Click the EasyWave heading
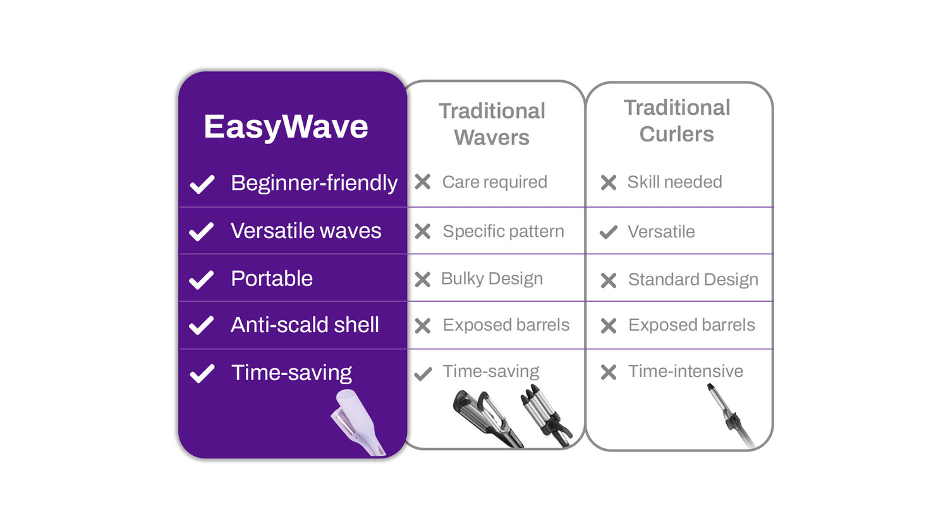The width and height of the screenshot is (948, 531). pyautogui.click(x=286, y=127)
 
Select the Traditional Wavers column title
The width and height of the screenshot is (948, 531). pyautogui.click(x=492, y=124)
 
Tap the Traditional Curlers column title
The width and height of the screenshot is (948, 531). pyautogui.click(x=677, y=121)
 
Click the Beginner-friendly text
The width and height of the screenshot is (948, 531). pyautogui.click(x=313, y=183)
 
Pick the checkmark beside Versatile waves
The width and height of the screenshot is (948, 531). pyautogui.click(x=202, y=232)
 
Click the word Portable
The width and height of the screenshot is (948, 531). pyautogui.click(x=272, y=278)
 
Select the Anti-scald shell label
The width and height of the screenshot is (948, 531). pyautogui.click(x=305, y=325)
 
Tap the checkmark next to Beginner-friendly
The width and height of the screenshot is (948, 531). pyautogui.click(x=202, y=184)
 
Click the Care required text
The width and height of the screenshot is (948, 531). pyautogui.click(x=494, y=182)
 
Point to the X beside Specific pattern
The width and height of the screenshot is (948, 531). pyautogui.click(x=423, y=232)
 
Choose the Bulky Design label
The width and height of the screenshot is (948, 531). pyautogui.click(x=492, y=278)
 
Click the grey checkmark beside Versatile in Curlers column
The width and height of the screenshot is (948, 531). pyautogui.click(x=608, y=232)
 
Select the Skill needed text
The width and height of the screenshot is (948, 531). pyautogui.click(x=674, y=182)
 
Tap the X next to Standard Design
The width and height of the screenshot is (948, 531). pyautogui.click(x=609, y=280)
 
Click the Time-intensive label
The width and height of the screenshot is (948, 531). pyautogui.click(x=685, y=371)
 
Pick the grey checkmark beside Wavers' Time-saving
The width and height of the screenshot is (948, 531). pyautogui.click(x=423, y=374)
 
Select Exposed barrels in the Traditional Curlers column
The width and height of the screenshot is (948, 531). pyautogui.click(x=691, y=325)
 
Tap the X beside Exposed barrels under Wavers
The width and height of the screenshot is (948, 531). pyautogui.click(x=423, y=326)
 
